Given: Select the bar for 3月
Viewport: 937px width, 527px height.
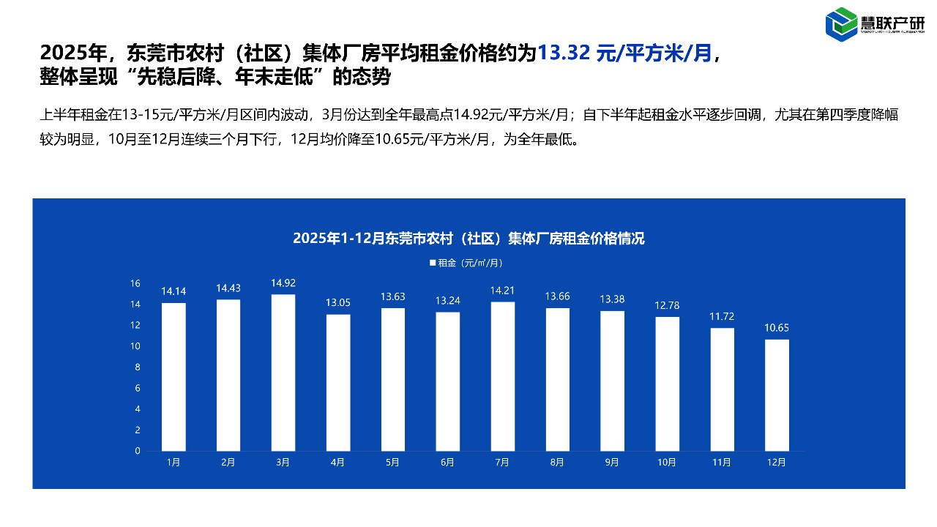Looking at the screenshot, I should click(283, 373).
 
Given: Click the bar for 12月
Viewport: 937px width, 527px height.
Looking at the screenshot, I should click(777, 395).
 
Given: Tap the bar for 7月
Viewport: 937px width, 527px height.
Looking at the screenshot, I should click(502, 376).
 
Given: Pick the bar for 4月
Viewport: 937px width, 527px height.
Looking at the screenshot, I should click(338, 383).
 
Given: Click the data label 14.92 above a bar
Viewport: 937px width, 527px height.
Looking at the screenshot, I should click(283, 283).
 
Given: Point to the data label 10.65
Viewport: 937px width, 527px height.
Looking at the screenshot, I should click(777, 327).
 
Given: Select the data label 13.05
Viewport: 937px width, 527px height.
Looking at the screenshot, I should click(338, 302).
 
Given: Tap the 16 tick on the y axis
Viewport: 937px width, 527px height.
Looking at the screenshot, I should click(135, 283).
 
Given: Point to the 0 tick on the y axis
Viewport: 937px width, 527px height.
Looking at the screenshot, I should click(138, 451).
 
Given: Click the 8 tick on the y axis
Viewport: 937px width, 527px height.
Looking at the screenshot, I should click(138, 367).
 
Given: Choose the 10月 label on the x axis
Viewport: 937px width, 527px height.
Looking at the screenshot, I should click(667, 463).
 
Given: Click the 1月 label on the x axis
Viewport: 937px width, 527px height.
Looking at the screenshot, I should click(173, 463).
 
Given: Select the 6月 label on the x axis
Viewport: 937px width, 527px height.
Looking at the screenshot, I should click(447, 463).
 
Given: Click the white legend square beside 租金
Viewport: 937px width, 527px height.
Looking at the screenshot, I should click(432, 263).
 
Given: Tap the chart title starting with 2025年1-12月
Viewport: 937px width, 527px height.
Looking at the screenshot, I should click(468, 239).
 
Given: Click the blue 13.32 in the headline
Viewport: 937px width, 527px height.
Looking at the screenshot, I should click(563, 53).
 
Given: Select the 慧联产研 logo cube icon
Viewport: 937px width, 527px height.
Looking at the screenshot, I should click(841, 24).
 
